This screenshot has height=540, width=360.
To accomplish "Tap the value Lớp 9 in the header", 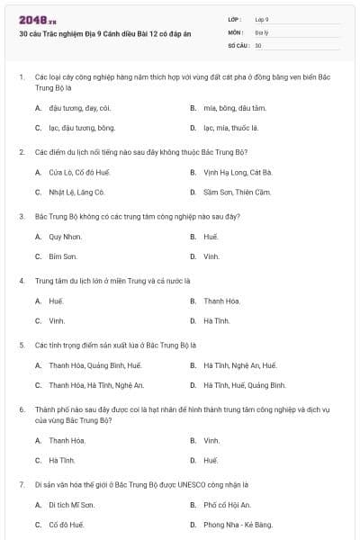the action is (262, 19).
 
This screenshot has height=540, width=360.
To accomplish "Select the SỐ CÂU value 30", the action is (258, 44).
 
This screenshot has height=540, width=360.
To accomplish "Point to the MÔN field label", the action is (235, 31).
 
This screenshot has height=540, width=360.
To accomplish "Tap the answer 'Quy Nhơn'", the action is (65, 236).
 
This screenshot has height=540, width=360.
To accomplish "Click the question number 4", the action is (22, 280).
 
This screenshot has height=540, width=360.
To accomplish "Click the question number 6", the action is (22, 409).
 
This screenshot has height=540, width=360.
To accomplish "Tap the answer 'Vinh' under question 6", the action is (211, 440).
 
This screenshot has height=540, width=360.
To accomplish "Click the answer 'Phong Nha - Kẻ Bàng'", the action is (238, 525).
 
